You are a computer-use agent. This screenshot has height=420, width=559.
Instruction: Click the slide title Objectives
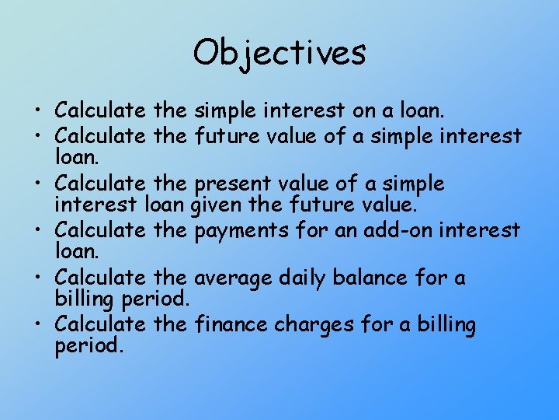(279, 53)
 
